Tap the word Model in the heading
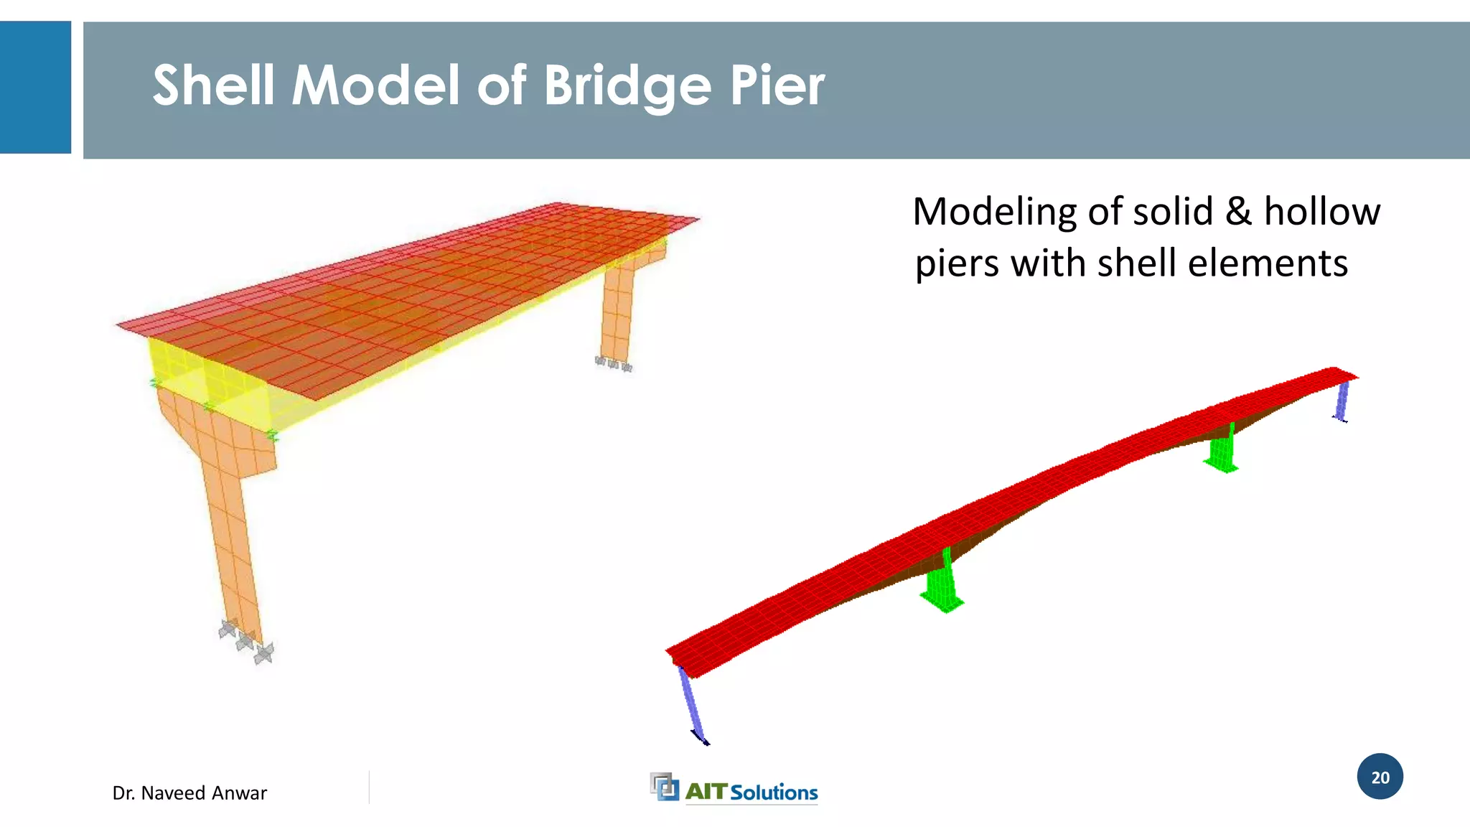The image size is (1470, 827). tap(375, 85)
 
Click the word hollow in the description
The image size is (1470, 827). tap(1321, 212)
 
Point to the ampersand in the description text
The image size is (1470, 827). tap(1238, 212)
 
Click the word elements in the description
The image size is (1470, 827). tap(1268, 263)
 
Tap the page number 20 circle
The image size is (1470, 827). tap(1380, 777)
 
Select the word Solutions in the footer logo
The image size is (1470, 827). tap(774, 793)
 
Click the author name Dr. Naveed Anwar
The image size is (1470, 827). tap(189, 793)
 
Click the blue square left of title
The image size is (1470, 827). tap(35, 87)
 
